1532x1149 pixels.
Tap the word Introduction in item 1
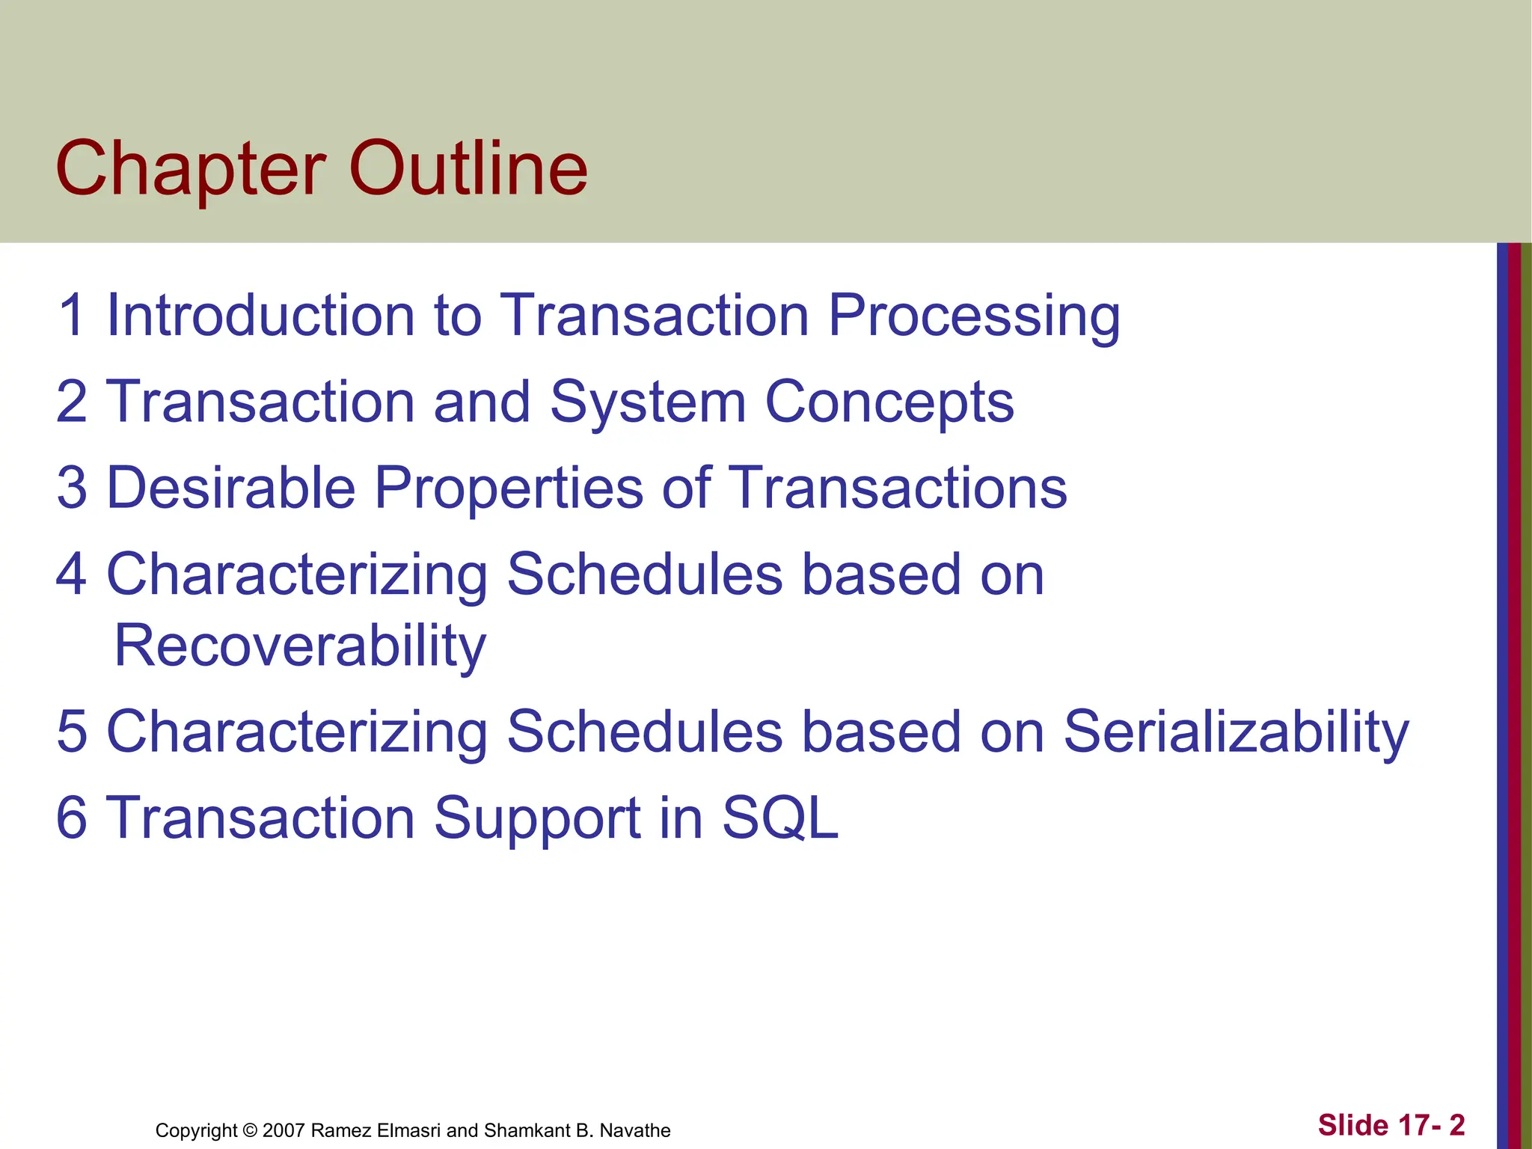(x=260, y=315)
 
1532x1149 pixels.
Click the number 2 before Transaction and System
(x=72, y=402)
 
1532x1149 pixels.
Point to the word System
(x=648, y=402)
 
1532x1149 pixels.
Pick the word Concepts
(x=889, y=402)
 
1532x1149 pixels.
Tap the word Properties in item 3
(x=509, y=488)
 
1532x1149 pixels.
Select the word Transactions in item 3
(x=897, y=488)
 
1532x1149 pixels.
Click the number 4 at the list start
(x=72, y=574)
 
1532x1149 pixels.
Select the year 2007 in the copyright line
(x=284, y=1130)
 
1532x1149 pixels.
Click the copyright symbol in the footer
(x=250, y=1130)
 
